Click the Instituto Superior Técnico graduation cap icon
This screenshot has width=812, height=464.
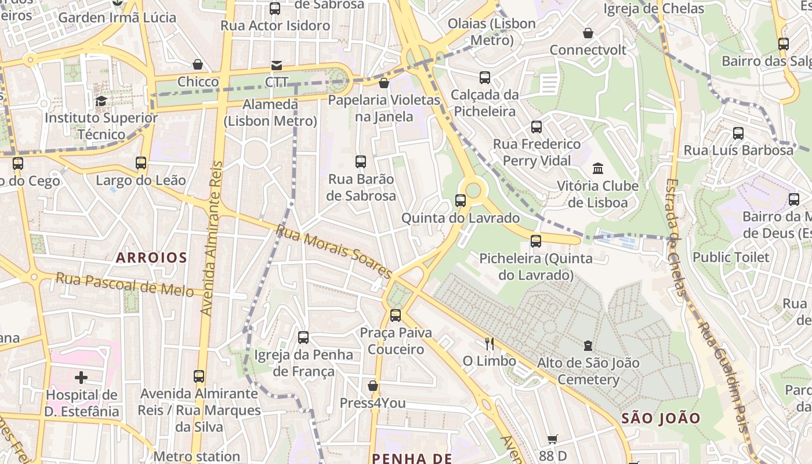(x=101, y=101)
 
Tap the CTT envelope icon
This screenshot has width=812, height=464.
(x=277, y=66)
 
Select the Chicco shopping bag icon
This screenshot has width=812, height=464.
(x=198, y=64)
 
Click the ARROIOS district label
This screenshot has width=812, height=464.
(x=151, y=258)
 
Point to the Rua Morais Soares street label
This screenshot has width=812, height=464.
(x=334, y=251)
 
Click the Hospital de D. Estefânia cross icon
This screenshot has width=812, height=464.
(x=81, y=378)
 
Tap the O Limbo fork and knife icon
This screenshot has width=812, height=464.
(x=490, y=344)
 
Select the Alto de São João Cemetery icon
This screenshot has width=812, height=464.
(x=588, y=346)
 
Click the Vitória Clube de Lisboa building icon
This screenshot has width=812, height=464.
(x=597, y=169)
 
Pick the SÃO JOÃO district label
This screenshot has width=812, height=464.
(x=661, y=418)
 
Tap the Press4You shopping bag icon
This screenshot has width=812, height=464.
(x=373, y=386)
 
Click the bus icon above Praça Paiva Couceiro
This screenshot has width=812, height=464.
(x=396, y=316)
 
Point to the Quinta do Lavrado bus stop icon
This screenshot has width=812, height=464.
(x=461, y=201)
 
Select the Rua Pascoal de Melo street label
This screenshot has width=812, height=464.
(x=125, y=285)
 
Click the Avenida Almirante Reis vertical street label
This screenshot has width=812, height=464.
(x=212, y=238)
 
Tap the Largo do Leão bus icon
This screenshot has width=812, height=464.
(x=141, y=163)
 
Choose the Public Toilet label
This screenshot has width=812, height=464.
(x=731, y=257)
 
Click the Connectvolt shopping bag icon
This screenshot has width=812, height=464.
(x=588, y=33)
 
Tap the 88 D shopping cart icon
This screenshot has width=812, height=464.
(x=553, y=440)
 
